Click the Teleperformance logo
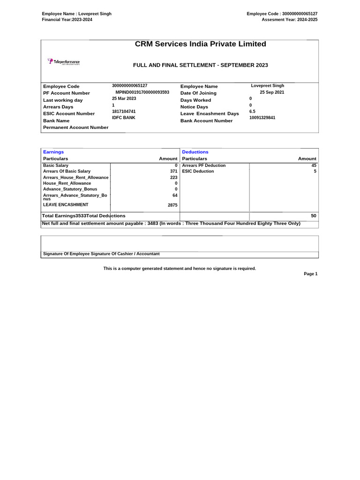click(x=63, y=62)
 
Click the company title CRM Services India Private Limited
click(x=200, y=44)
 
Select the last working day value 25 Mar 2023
click(x=124, y=98)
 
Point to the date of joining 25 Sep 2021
click(x=272, y=92)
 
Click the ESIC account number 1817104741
click(x=124, y=112)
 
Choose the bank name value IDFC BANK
click(x=123, y=118)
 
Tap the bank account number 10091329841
click(x=262, y=118)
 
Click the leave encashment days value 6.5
click(x=252, y=112)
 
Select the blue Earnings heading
click(x=53, y=152)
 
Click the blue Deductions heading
click(x=195, y=152)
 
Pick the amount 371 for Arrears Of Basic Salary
click(x=173, y=172)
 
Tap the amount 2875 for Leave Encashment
click(x=172, y=205)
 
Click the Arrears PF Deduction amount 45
click(x=314, y=165)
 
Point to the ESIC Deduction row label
click(x=198, y=172)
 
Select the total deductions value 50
click(x=314, y=216)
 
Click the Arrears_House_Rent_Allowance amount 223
click(x=173, y=178)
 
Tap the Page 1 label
click(x=310, y=274)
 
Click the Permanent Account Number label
click(x=75, y=127)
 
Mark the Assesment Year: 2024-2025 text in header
click(x=289, y=20)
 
